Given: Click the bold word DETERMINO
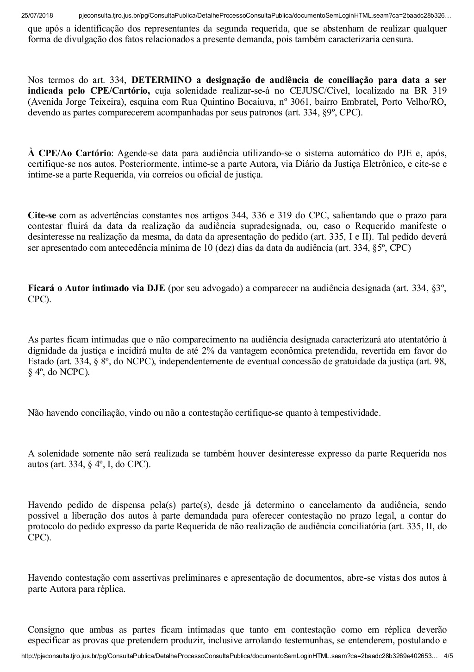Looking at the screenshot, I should point(160,80).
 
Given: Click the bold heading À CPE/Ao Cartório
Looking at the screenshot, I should point(69,153).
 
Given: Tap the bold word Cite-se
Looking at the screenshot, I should point(42,216).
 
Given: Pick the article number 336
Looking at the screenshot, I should point(257,216).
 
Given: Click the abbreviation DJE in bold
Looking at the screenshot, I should point(156,288).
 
